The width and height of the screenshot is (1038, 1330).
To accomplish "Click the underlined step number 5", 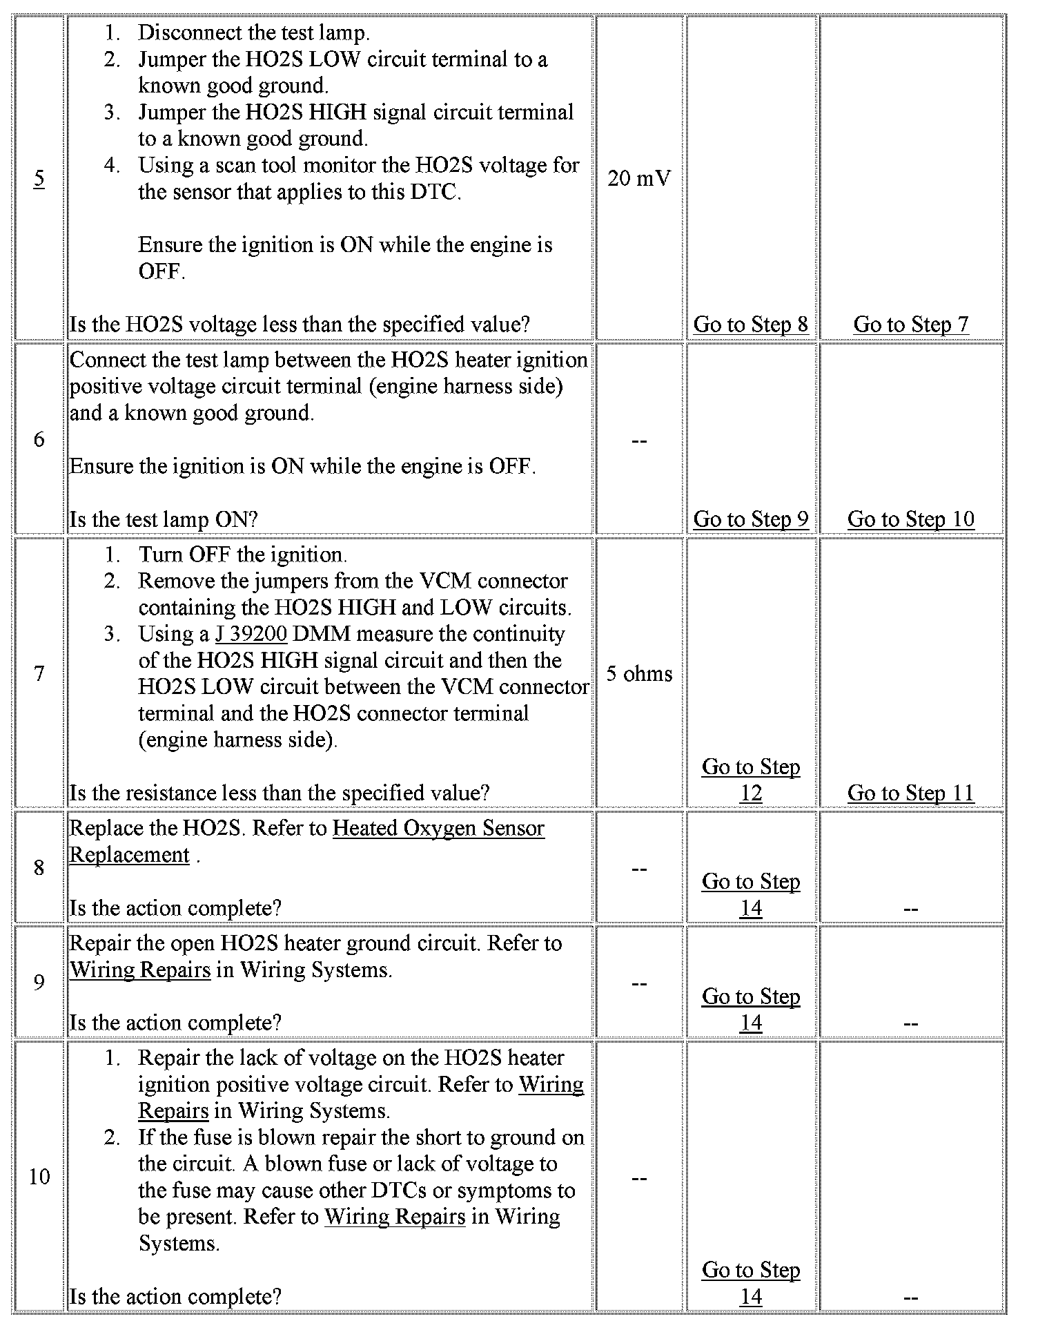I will click(x=39, y=179).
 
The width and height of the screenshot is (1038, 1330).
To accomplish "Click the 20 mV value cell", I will click(x=638, y=179).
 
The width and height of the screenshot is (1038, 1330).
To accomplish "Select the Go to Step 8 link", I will click(x=750, y=324).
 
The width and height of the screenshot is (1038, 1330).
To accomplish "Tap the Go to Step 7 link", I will click(x=910, y=324).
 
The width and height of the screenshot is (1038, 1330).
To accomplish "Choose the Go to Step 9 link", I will click(x=750, y=519).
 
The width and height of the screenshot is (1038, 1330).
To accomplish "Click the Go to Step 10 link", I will click(x=910, y=519).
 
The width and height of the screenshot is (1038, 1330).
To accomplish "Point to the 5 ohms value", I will click(x=638, y=673).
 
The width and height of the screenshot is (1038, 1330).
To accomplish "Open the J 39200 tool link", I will click(x=251, y=634).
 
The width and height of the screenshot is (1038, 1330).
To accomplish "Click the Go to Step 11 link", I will click(x=910, y=793).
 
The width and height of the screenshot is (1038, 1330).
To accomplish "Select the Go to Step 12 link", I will click(x=750, y=780).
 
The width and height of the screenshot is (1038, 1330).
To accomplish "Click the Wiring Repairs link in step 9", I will click(x=140, y=970).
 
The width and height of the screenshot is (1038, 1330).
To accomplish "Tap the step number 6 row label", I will click(x=39, y=439).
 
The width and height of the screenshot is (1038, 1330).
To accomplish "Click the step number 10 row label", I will click(x=39, y=1177).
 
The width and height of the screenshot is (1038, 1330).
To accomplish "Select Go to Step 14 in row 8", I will click(x=750, y=894).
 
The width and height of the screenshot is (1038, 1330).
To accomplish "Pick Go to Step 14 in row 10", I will click(x=750, y=1283).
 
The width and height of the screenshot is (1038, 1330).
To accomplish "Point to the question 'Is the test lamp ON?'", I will click(x=164, y=519).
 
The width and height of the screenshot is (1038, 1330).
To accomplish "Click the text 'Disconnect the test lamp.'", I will click(x=253, y=32).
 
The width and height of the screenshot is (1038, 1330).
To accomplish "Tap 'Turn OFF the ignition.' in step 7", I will click(x=242, y=555).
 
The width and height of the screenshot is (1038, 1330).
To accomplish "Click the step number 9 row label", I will click(x=39, y=983).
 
